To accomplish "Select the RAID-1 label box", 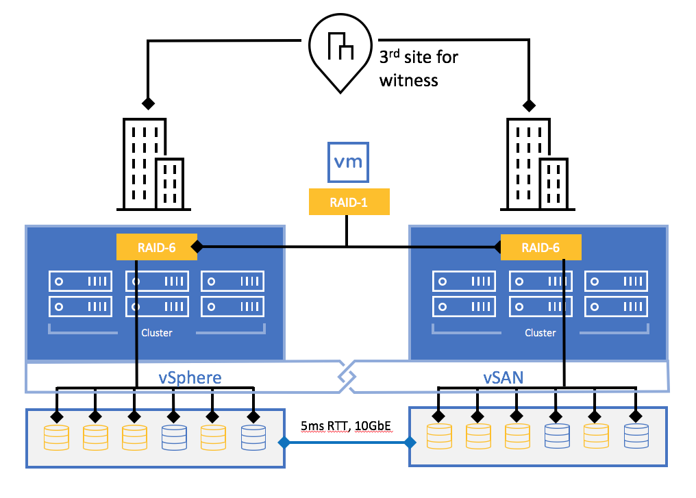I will (x=349, y=203).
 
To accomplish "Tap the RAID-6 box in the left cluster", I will (x=157, y=247).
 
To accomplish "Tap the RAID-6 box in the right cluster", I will (x=540, y=247).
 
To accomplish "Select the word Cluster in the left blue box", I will (x=157, y=333).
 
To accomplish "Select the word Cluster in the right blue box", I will (x=540, y=333).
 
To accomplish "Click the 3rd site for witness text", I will (x=418, y=69).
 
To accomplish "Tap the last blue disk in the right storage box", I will (x=636, y=437).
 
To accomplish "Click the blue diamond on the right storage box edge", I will (x=410, y=443).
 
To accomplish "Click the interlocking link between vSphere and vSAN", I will (x=347, y=377).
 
